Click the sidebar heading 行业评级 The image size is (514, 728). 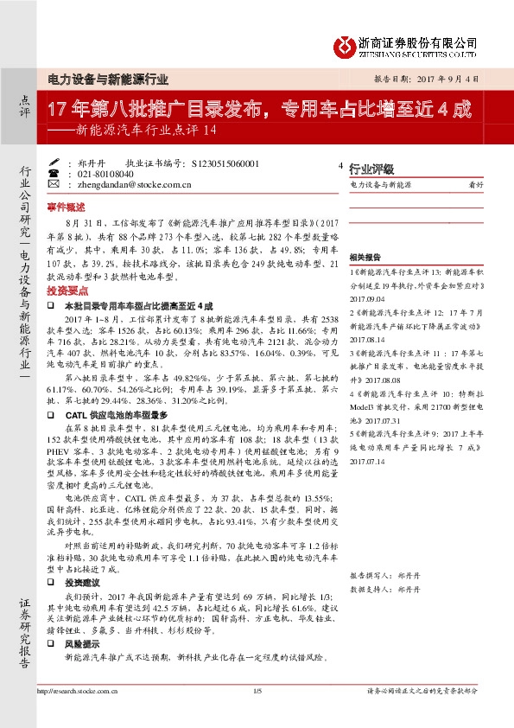pos(371,169)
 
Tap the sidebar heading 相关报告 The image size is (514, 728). pos(365,258)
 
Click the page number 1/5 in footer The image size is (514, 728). pos(257,690)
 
